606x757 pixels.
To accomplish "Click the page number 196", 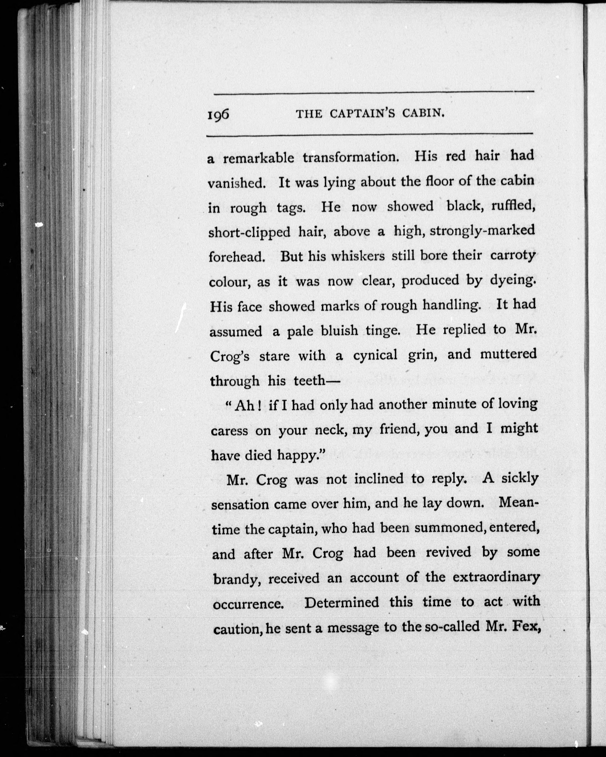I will coord(218,114).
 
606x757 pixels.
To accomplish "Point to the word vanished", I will coord(237,183).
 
